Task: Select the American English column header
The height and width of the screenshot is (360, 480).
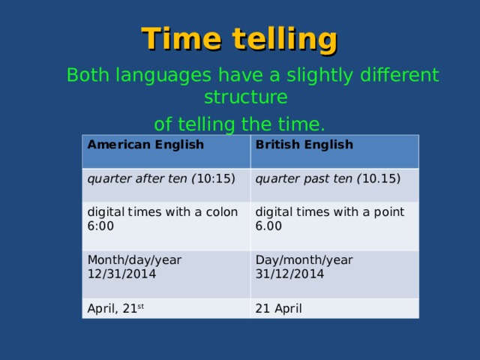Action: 145,144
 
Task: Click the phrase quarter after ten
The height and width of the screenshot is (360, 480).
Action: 138,178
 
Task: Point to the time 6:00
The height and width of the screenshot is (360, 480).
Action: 100,225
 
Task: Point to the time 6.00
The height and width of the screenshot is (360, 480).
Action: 268,226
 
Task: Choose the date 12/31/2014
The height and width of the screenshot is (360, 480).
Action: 121,274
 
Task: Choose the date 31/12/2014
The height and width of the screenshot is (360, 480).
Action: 289,274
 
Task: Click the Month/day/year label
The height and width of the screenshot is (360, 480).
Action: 134,259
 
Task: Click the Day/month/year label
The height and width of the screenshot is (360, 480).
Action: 304,259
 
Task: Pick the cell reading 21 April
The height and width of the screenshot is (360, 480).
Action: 279,308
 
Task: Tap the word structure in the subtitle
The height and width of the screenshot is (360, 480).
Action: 245,98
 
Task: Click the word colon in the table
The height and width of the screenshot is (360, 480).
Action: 222,212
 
